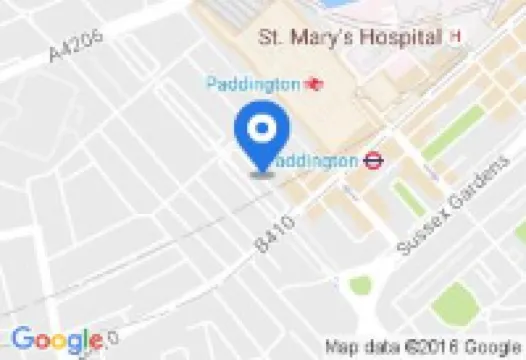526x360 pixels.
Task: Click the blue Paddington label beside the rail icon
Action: pyautogui.click(x=253, y=84)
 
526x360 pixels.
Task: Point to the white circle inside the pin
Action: pyautogui.click(x=262, y=129)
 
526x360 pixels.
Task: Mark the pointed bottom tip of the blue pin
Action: pyautogui.click(x=262, y=172)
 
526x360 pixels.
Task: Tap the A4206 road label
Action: pyautogui.click(x=72, y=47)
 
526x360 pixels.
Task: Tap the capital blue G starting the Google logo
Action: pyautogui.click(x=22, y=339)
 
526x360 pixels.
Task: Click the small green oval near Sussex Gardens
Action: pyautogui.click(x=360, y=285)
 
